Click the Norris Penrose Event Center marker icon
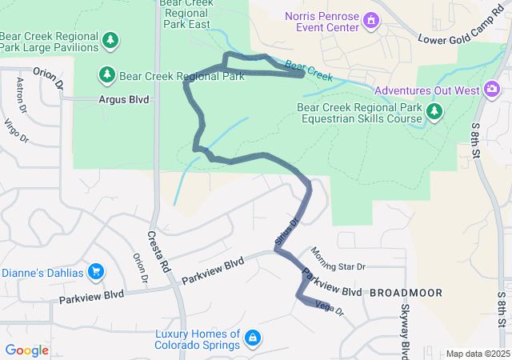click(x=370, y=18)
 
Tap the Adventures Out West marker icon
click(x=488, y=90)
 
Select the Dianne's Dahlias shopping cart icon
click(x=96, y=272)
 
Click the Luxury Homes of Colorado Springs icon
click(x=252, y=338)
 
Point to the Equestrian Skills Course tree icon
click(x=434, y=111)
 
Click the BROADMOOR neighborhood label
click(x=406, y=293)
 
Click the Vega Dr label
click(x=329, y=306)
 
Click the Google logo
click(x=26, y=350)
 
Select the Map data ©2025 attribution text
click(x=477, y=354)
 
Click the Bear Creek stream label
click(x=308, y=70)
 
